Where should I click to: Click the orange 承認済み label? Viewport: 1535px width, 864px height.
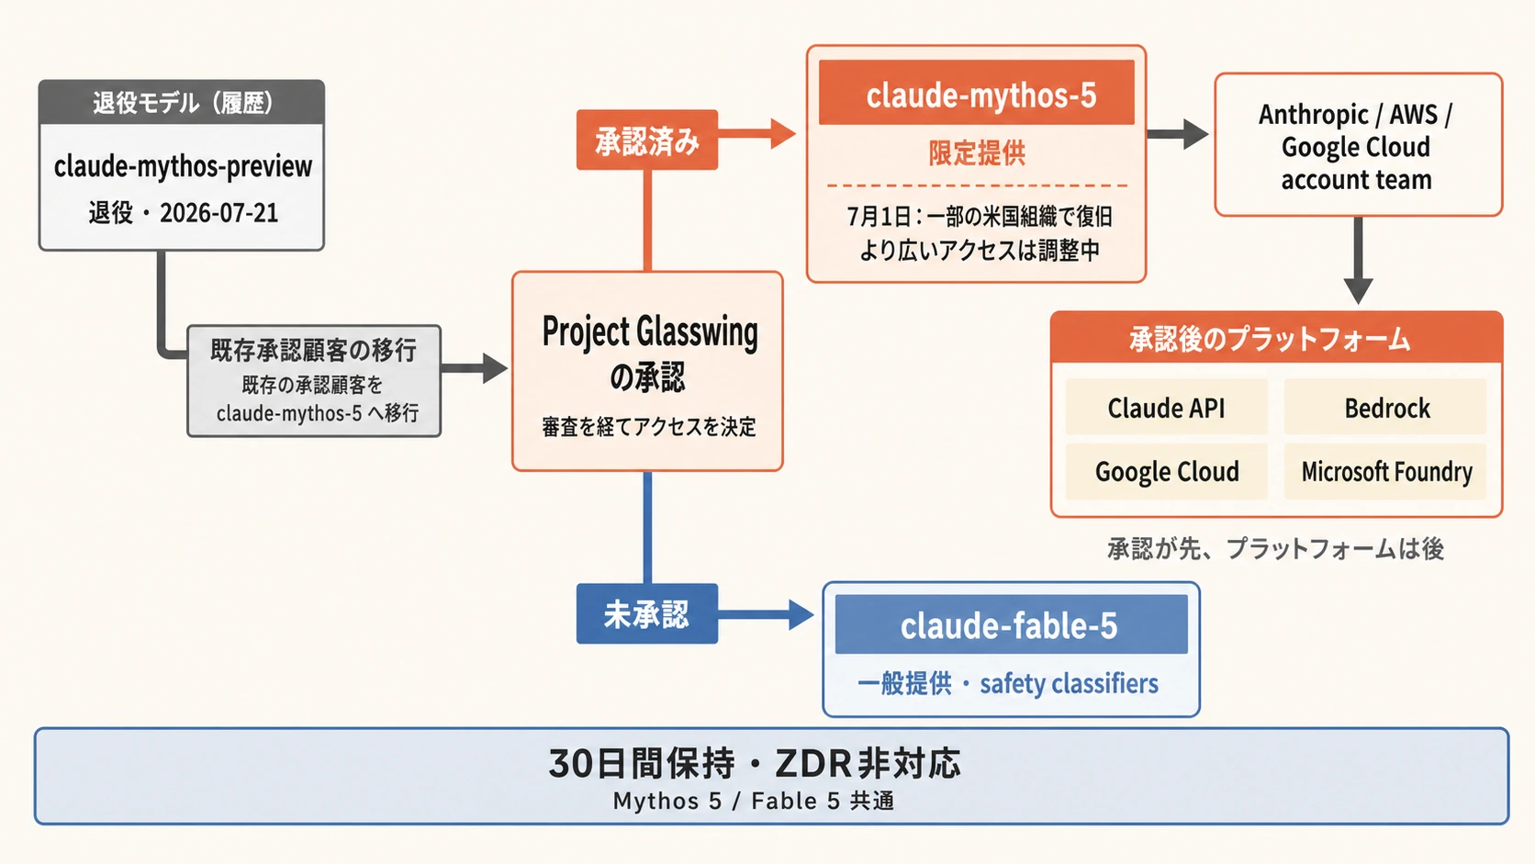click(647, 140)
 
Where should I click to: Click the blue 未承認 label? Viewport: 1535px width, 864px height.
click(647, 614)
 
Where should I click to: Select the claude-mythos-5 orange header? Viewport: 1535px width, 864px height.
click(977, 93)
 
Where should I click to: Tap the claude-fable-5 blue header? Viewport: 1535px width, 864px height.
click(1011, 624)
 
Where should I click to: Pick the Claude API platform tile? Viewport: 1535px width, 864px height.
click(1166, 407)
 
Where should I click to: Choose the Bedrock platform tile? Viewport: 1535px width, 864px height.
click(1385, 407)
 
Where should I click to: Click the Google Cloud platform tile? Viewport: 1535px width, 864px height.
click(1166, 471)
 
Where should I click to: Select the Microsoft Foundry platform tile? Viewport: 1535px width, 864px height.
click(1385, 471)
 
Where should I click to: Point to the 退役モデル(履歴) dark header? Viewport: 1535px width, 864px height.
click(182, 102)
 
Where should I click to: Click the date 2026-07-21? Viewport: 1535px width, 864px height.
click(219, 213)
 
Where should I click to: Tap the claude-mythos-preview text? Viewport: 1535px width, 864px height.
click(183, 166)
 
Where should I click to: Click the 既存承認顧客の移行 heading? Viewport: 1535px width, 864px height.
click(314, 350)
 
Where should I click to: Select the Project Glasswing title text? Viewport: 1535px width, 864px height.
click(650, 332)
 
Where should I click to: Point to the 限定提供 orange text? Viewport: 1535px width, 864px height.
click(977, 152)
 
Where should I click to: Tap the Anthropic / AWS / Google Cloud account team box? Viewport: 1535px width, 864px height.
click(1358, 145)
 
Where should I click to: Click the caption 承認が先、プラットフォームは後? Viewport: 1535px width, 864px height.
click(1275, 549)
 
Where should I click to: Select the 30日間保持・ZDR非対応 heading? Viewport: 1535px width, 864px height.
click(755, 763)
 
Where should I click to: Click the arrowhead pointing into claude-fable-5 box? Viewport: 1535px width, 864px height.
click(801, 614)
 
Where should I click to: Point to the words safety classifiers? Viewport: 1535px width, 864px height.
click(1069, 684)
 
